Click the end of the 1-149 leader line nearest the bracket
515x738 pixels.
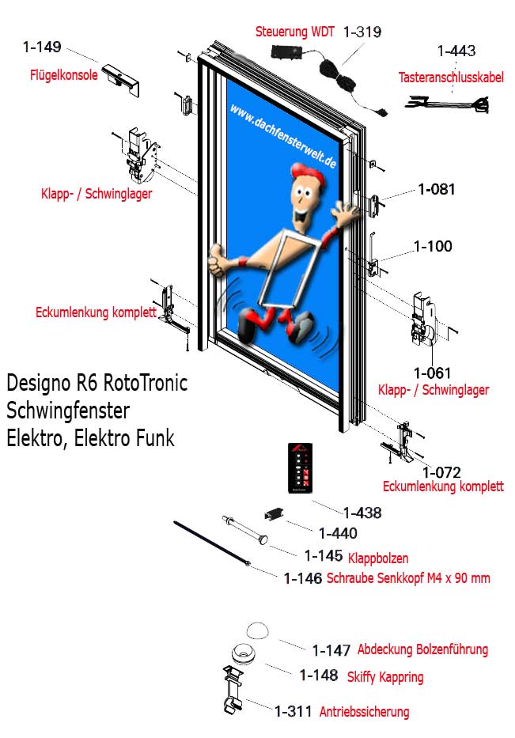(99, 62)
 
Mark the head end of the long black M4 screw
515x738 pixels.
(248, 563)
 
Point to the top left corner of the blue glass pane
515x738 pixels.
(227, 78)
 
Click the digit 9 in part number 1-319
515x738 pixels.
(376, 32)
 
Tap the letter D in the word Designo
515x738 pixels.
(12, 383)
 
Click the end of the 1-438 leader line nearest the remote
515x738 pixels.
(312, 501)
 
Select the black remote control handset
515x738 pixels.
(300, 467)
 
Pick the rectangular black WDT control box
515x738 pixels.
(287, 51)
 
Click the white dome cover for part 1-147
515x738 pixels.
(258, 630)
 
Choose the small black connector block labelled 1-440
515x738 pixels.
(274, 513)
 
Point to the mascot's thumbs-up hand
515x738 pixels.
(217, 259)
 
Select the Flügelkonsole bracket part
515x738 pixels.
(121, 79)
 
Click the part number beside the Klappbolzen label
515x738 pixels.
(324, 556)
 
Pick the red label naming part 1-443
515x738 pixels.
(451, 78)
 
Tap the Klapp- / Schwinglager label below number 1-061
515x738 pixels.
(434, 390)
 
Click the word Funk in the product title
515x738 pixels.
(155, 437)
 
